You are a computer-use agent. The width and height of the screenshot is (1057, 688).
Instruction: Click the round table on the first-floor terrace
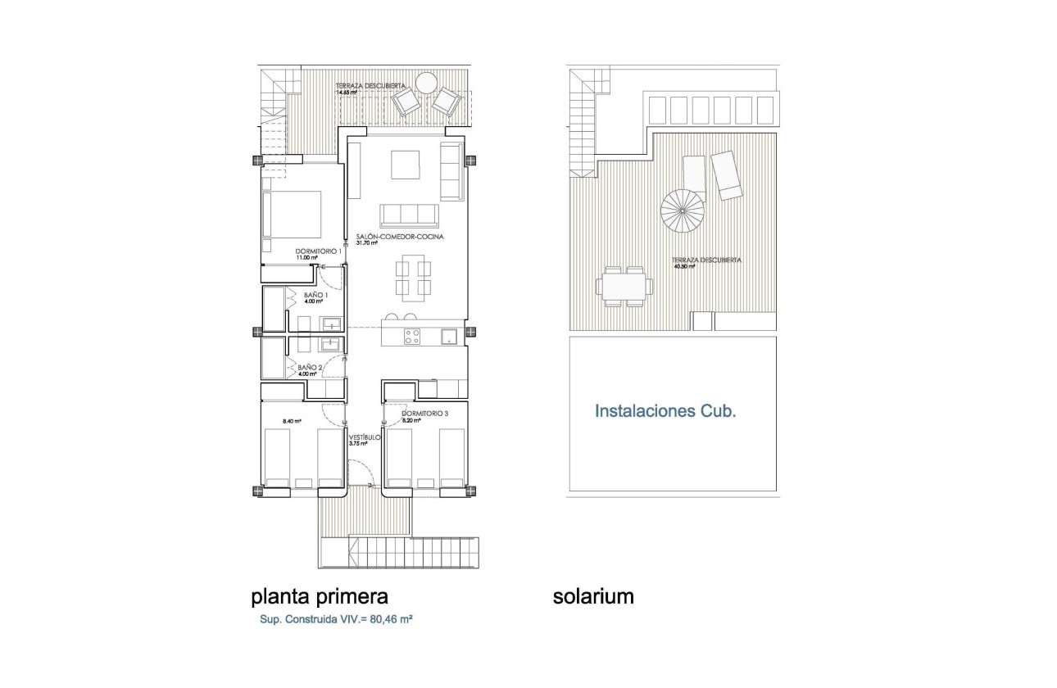[x=426, y=84]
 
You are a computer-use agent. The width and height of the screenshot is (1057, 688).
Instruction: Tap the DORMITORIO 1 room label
[x=318, y=251]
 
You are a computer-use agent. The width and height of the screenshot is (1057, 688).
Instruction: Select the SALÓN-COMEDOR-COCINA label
[x=401, y=237]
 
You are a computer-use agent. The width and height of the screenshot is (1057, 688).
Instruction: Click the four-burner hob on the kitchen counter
[x=412, y=337]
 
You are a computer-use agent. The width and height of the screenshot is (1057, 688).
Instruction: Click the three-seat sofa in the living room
[x=408, y=215]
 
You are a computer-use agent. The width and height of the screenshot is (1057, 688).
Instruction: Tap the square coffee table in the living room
[x=405, y=164]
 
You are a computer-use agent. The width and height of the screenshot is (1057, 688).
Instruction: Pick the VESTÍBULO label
[x=365, y=437]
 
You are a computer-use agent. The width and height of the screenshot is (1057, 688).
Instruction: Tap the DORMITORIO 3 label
[x=424, y=414]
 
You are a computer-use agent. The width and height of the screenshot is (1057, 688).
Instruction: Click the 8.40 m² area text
[x=292, y=422]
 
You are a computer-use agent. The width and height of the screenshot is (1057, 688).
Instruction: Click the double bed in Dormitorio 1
[x=292, y=214]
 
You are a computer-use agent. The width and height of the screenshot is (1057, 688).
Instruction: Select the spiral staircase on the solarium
[x=682, y=210]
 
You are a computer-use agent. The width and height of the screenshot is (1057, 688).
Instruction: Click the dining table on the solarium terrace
[x=625, y=287]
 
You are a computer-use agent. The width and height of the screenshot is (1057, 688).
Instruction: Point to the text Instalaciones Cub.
[x=665, y=411]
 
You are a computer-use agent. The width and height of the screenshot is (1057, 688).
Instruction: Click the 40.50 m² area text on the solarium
[x=684, y=266]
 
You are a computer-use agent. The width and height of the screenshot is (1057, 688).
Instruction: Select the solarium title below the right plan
[x=593, y=596]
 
